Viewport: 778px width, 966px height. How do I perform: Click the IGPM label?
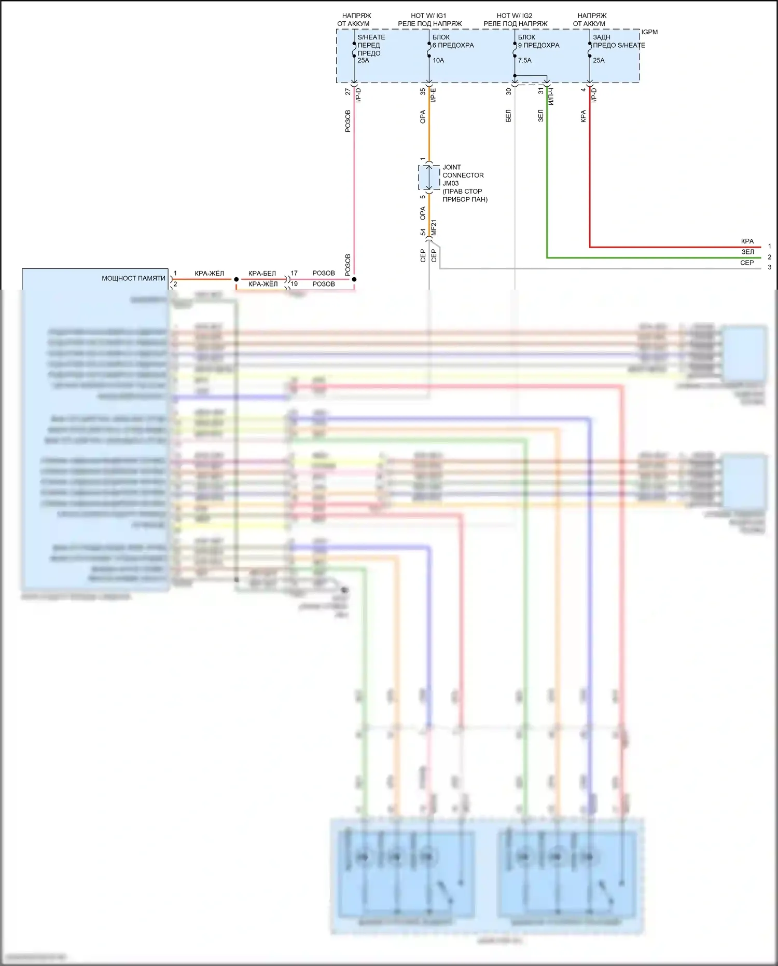[649, 32]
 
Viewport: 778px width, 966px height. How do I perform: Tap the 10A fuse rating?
[438, 60]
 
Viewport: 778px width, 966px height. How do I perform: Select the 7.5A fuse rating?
[524, 60]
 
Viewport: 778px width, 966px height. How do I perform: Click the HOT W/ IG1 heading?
[428, 16]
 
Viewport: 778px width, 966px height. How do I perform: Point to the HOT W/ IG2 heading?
[515, 16]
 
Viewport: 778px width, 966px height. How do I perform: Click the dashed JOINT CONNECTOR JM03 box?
[428, 178]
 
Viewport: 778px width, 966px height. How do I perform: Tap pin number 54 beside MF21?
[423, 232]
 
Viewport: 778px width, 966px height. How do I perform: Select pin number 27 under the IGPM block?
[348, 91]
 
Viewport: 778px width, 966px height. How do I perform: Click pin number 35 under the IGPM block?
[423, 91]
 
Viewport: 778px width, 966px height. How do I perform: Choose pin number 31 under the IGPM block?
[540, 91]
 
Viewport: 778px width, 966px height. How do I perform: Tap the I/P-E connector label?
[434, 95]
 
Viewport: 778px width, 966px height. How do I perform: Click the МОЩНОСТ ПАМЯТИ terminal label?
[133, 278]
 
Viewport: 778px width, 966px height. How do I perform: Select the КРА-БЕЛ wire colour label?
[262, 273]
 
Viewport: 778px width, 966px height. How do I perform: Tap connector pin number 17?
[294, 273]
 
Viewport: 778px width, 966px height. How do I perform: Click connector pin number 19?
[294, 284]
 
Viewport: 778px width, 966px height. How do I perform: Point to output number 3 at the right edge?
[769, 267]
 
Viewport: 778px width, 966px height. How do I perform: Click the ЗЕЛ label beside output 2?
[747, 252]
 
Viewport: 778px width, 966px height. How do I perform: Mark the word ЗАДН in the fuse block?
[602, 37]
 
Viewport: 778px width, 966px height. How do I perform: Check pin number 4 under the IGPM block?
[583, 90]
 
